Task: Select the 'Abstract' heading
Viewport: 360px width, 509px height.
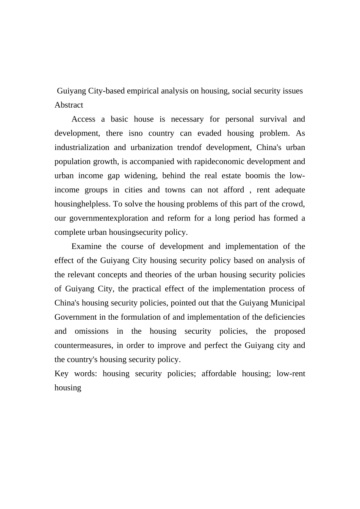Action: pyautogui.click(x=69, y=105)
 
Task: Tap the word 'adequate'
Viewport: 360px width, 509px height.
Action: pyautogui.click(x=290, y=190)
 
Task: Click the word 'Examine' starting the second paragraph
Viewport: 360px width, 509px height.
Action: pyautogui.click(x=86, y=247)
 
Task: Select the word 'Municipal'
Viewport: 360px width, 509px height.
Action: pyautogui.click(x=288, y=303)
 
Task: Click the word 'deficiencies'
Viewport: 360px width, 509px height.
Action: pyautogui.click(x=283, y=317)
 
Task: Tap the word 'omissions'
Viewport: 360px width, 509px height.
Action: pyautogui.click(x=91, y=331)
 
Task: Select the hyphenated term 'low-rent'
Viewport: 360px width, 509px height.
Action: pyautogui.click(x=291, y=374)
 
